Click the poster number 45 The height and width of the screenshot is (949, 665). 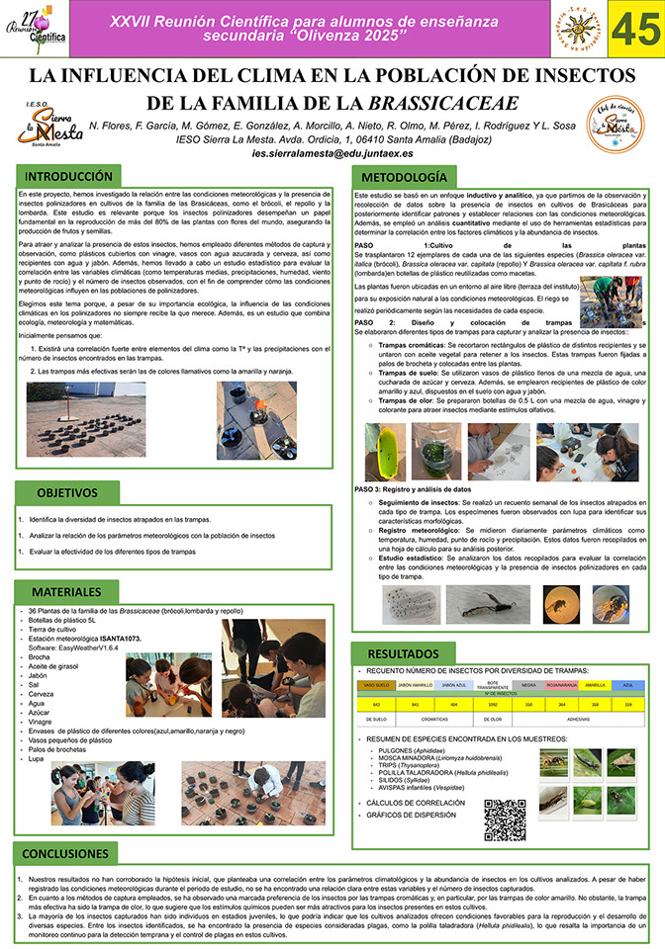[x=627, y=32]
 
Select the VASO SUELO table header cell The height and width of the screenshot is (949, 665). [x=376, y=685]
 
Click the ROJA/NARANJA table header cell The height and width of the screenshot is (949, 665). [x=561, y=685]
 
